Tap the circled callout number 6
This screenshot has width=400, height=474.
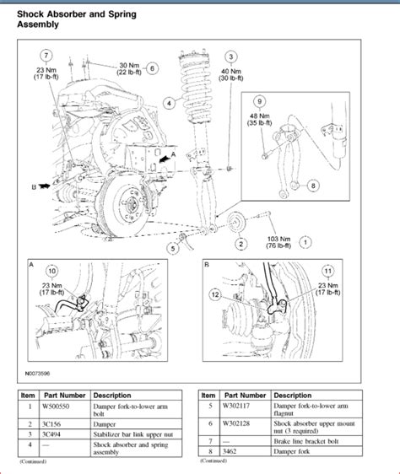tap(152, 69)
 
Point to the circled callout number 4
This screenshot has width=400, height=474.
tap(169, 103)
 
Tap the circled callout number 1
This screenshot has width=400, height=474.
tap(305, 242)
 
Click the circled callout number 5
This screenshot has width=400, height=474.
tap(173, 248)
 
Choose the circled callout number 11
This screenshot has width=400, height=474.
tap(327, 271)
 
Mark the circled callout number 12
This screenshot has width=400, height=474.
tap(216, 294)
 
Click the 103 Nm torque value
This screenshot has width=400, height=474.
tap(279, 237)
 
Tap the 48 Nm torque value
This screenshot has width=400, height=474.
tap(258, 117)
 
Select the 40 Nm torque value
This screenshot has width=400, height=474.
tap(231, 72)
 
